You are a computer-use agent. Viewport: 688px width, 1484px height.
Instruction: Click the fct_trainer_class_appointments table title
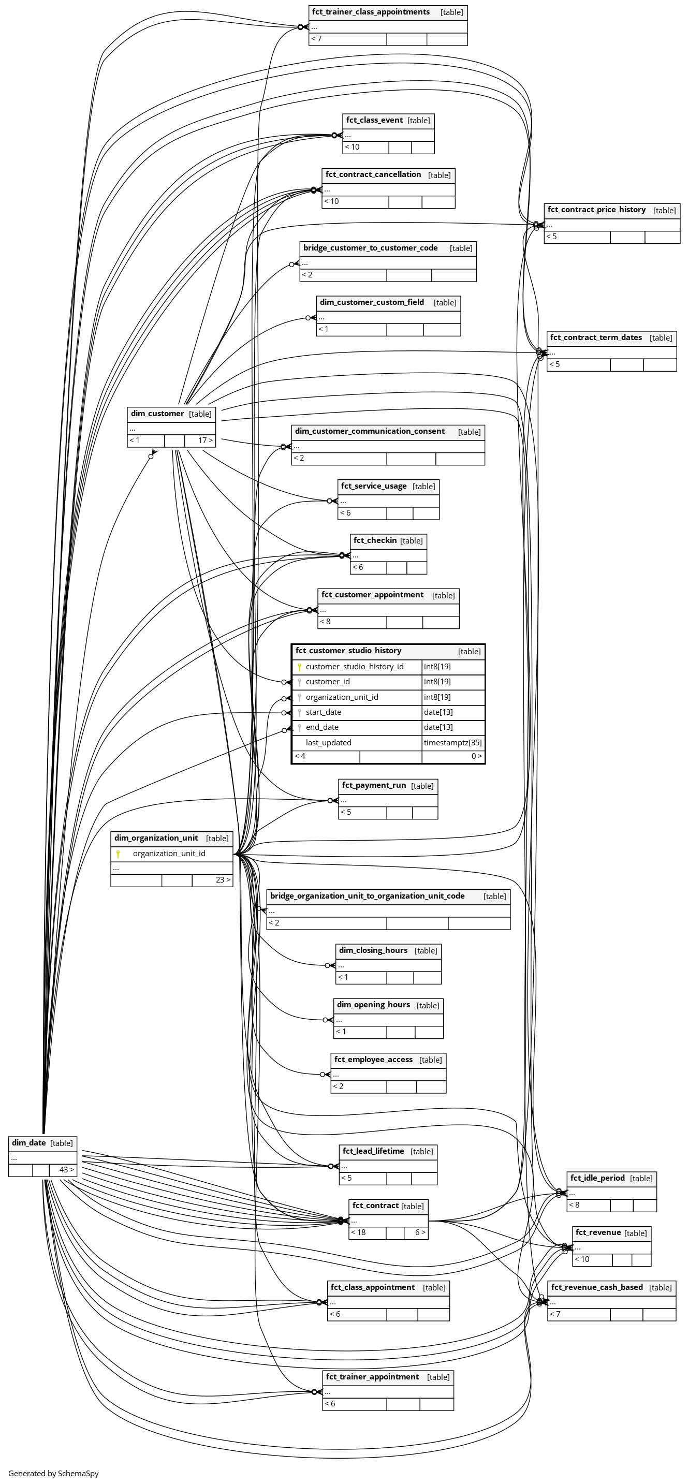coord(371,12)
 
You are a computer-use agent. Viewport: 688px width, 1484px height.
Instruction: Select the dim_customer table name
coord(157,414)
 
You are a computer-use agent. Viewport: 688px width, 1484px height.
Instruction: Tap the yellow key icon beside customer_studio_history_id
coord(300,667)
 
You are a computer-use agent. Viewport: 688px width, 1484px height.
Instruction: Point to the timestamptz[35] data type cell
coord(452,743)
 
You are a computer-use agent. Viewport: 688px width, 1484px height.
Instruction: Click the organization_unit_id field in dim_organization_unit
coord(169,853)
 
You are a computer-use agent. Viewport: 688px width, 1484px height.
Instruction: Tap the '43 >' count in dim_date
coord(66,1169)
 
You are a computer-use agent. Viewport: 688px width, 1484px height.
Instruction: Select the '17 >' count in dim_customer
coord(206,440)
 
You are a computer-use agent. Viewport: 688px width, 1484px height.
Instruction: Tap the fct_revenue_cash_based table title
coord(596,1287)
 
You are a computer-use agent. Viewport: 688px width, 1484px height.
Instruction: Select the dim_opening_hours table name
coord(373,1005)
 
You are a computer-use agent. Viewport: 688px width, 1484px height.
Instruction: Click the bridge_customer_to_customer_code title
coord(371,248)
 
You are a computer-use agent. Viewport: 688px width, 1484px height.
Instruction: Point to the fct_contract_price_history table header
coord(596,210)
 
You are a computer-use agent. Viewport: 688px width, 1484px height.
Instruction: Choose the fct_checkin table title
coord(374,540)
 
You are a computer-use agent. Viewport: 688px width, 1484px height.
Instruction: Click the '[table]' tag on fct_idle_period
coord(641,1179)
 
